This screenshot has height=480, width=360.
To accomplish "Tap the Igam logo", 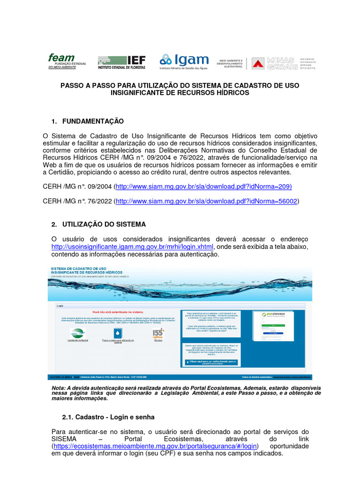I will (184, 61).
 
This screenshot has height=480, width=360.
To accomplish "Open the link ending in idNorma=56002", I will (207, 202).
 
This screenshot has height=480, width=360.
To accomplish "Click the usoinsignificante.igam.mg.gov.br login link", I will (132, 247).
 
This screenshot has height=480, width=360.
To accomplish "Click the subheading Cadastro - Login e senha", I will (108, 417).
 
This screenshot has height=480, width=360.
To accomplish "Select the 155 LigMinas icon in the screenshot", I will (158, 333).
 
